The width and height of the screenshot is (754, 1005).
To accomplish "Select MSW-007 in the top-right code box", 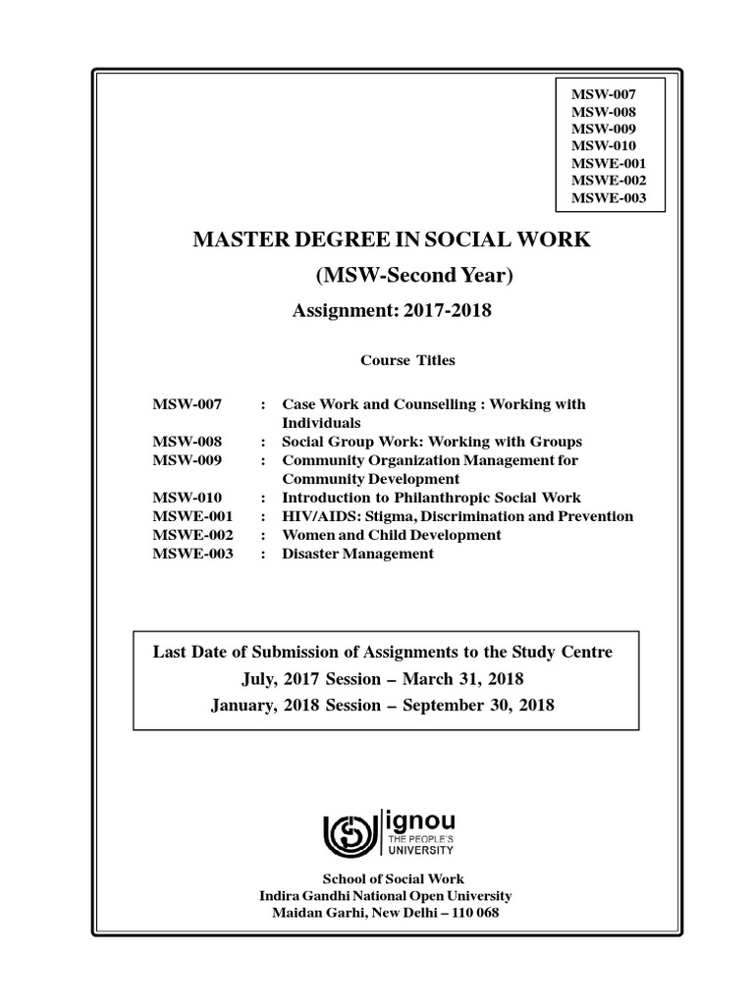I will [x=603, y=93].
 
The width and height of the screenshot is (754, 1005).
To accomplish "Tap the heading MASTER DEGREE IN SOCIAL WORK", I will [x=391, y=239].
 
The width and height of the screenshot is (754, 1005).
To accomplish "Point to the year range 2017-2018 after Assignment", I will [x=447, y=312].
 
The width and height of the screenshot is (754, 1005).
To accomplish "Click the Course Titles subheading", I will [x=407, y=360].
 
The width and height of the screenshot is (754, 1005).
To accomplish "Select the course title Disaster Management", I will [x=357, y=554].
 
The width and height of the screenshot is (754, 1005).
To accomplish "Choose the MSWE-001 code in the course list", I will [x=193, y=516].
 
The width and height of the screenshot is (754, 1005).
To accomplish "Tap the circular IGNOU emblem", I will [x=351, y=833].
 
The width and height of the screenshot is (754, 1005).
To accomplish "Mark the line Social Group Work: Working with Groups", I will [x=432, y=442].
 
